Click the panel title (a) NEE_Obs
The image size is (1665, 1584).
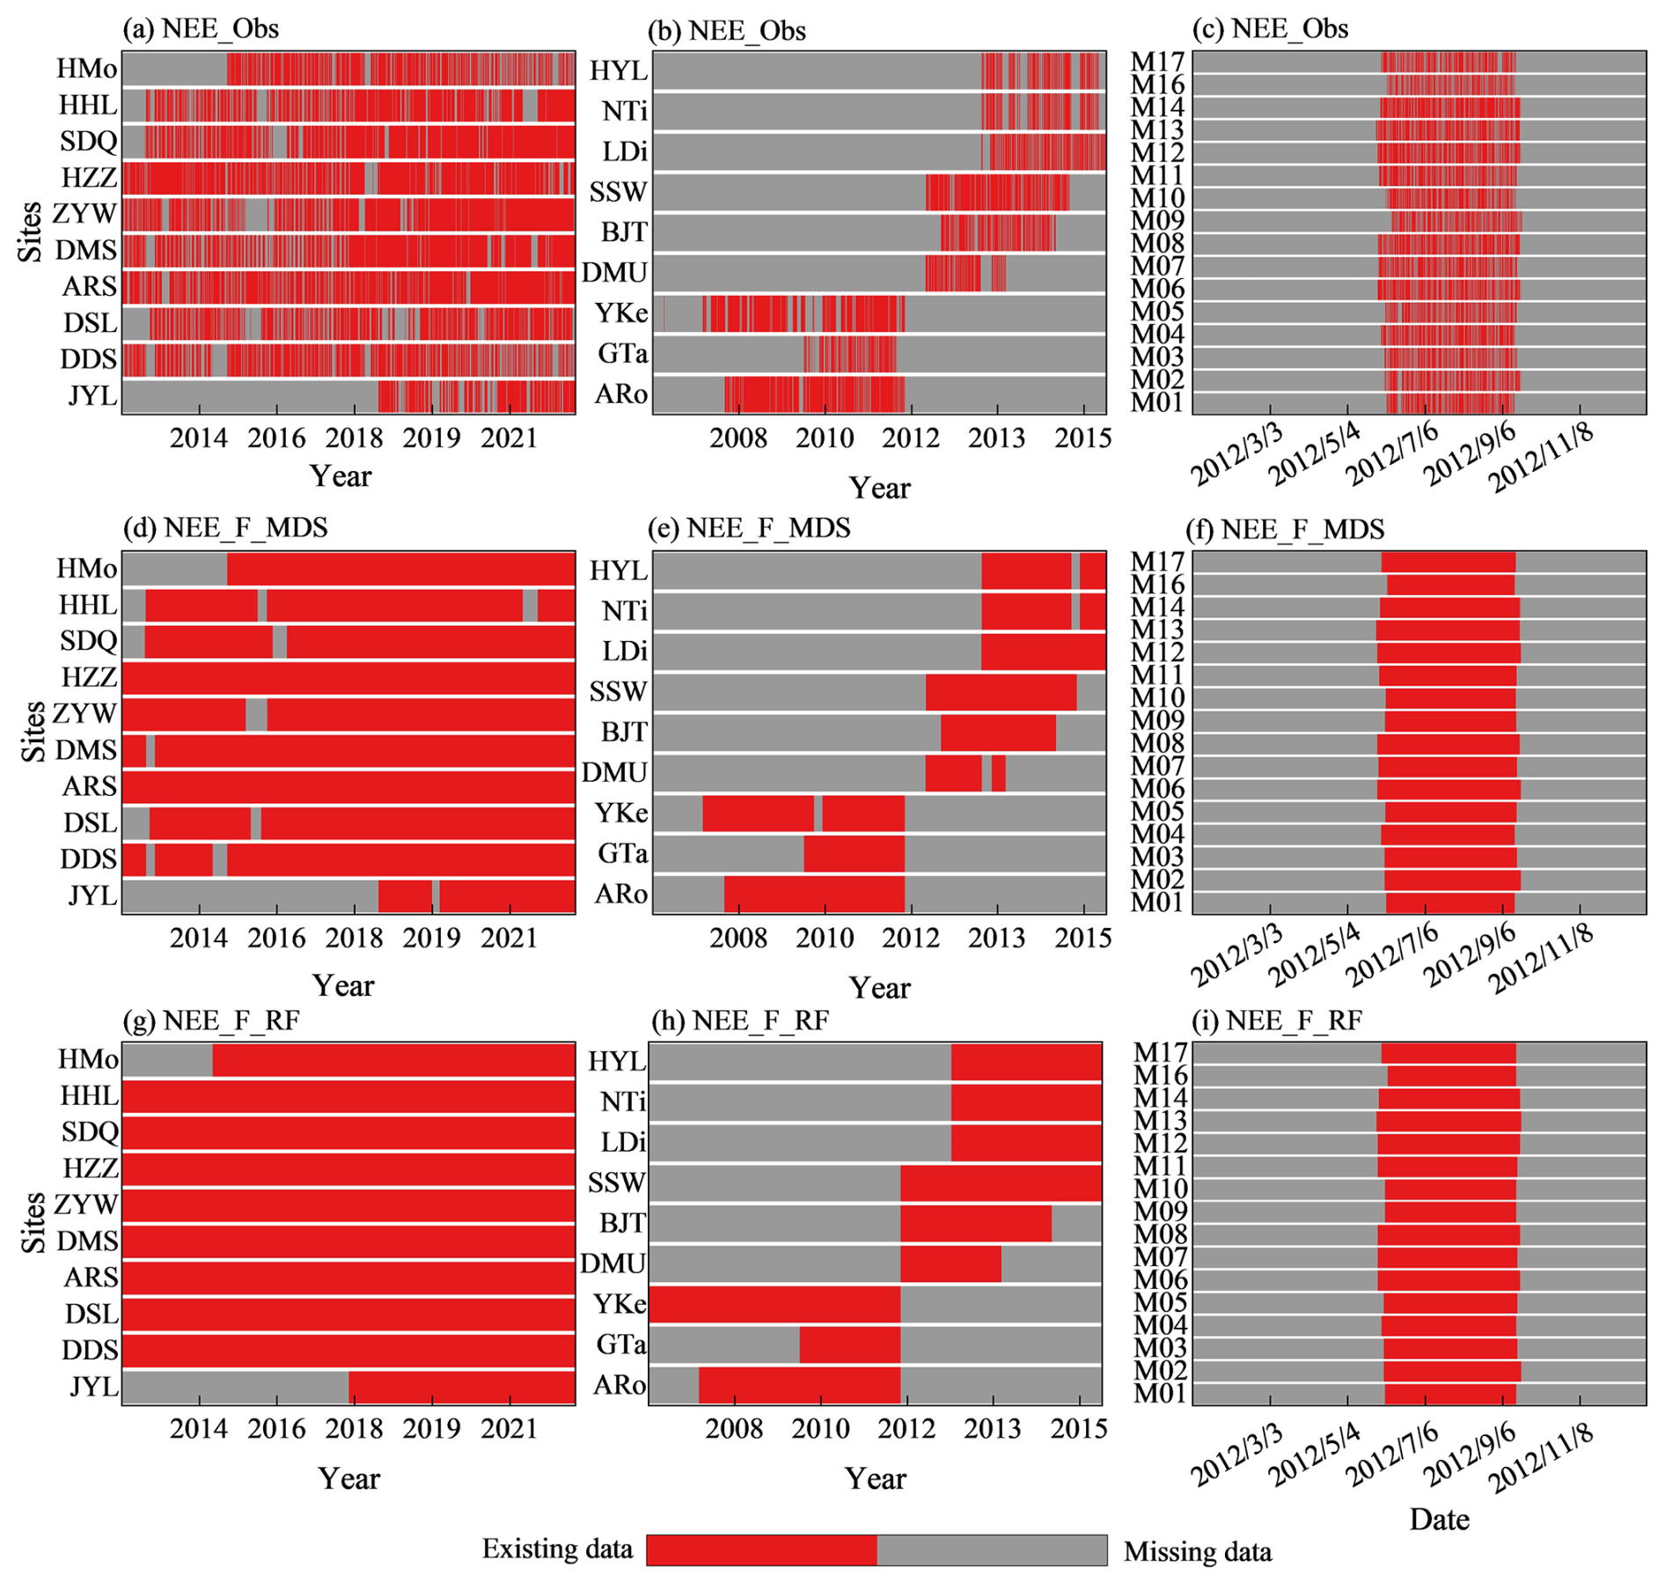(x=201, y=29)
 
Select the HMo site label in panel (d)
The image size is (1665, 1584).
(x=86, y=569)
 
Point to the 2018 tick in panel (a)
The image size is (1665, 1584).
(x=354, y=438)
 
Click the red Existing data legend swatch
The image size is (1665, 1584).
(x=761, y=1550)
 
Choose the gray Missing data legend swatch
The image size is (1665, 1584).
(x=992, y=1550)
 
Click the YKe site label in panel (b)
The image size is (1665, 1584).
(x=620, y=313)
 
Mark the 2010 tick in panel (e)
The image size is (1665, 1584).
(x=825, y=938)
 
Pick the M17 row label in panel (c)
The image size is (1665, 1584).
(x=1157, y=62)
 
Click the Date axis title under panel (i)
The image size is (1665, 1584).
(x=1439, y=1519)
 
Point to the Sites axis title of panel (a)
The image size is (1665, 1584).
(x=31, y=232)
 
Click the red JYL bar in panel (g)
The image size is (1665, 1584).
(x=462, y=1387)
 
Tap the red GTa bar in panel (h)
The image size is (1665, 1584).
(x=849, y=1345)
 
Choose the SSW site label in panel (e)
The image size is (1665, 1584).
(x=618, y=692)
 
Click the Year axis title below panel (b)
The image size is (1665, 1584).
(x=879, y=488)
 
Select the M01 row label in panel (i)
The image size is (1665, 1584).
(x=1160, y=1394)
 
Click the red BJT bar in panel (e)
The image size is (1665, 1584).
(x=998, y=733)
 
